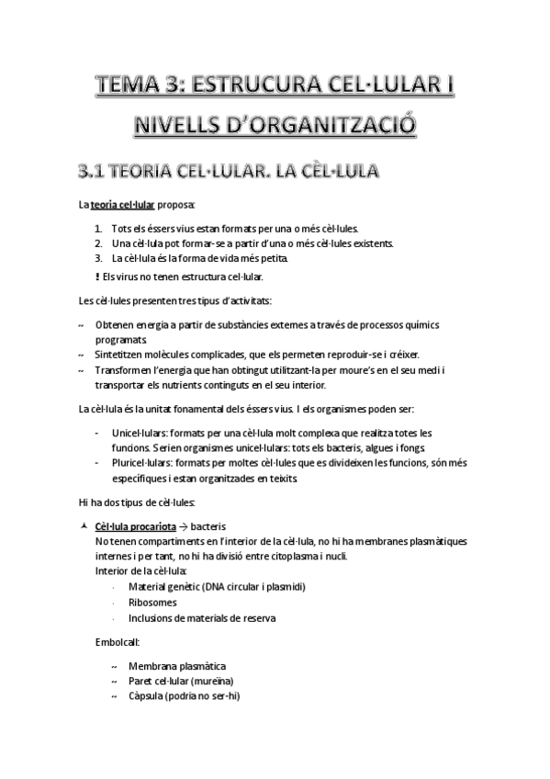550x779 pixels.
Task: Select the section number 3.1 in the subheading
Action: coord(97,170)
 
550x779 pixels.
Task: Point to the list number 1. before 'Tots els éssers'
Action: coord(99,229)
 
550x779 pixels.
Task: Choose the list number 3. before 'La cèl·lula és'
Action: coord(99,258)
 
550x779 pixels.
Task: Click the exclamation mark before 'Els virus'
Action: coord(98,276)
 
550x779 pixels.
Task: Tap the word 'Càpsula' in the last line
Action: coord(147,695)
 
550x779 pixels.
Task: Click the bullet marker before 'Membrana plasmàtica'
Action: coord(113,665)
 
